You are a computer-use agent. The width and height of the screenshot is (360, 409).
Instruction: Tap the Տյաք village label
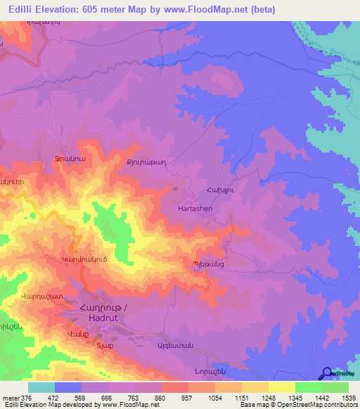(x=104, y=346)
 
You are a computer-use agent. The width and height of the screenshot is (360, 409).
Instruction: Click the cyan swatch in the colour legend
(x=41, y=387)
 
